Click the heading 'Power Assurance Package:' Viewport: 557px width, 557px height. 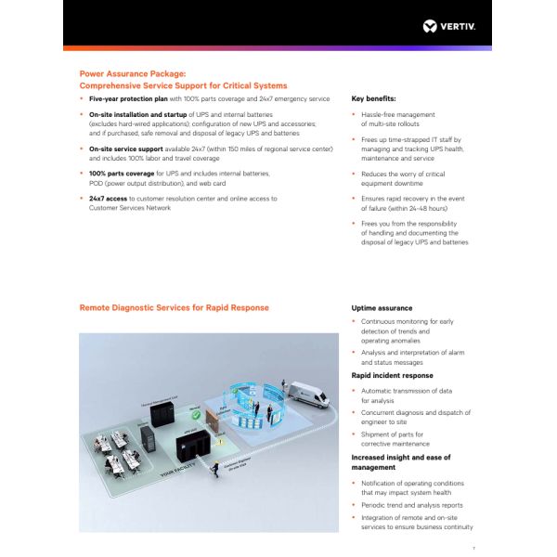pyautogui.click(x=133, y=72)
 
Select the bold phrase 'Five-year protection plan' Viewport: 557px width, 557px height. pyautogui.click(x=127, y=97)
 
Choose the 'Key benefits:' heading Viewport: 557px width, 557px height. pyautogui.click(x=374, y=97)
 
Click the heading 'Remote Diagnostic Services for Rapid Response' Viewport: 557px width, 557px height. pyautogui.click(x=175, y=307)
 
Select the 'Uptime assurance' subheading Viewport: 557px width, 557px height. pyautogui.click(x=382, y=307)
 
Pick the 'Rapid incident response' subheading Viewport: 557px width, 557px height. pyautogui.click(x=392, y=375)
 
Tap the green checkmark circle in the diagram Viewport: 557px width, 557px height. pyautogui.click(x=195, y=415)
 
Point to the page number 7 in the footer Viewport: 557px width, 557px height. pyautogui.click(x=473, y=548)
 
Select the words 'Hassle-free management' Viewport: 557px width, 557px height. pyautogui.click(x=397, y=114)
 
